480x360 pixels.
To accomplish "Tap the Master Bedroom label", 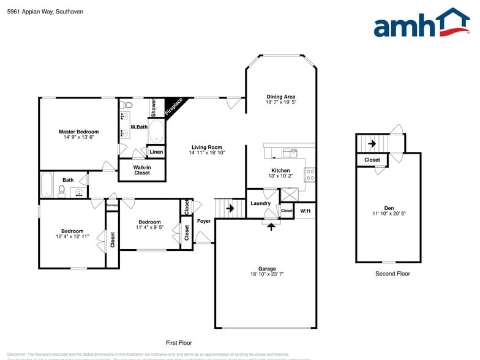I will [x=78, y=132].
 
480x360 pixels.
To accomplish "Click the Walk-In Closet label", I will [x=141, y=170].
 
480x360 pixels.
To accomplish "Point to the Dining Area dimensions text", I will [x=281, y=103].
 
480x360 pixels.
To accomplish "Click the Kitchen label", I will [x=281, y=170].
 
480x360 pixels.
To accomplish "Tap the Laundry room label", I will [x=261, y=203].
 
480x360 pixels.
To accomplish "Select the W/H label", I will [x=305, y=211].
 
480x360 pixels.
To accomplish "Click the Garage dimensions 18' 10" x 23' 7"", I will [x=267, y=274].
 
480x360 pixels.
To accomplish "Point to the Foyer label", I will [x=204, y=221].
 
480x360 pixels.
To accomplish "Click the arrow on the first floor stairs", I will [x=230, y=208].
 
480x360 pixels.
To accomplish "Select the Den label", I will [x=389, y=208].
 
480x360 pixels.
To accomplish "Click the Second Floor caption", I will [x=392, y=274].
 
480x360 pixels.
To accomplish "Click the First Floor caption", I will [x=179, y=343].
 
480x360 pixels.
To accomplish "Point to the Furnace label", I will [x=112, y=205].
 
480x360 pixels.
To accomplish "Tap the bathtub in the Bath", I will [x=47, y=184].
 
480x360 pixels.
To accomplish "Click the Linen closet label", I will [x=156, y=152].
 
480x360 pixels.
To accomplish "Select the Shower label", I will [x=154, y=108].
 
